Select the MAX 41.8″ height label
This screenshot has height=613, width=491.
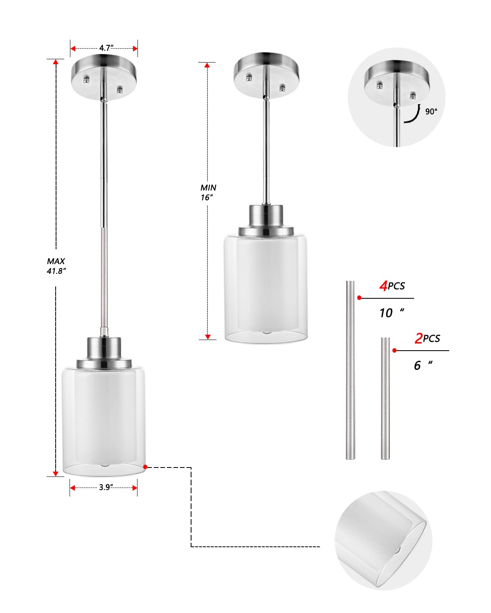56,266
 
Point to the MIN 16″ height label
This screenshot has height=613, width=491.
208,192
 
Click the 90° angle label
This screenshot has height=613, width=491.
431,111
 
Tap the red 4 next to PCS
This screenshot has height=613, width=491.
383,286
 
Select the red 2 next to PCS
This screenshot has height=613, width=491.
419,338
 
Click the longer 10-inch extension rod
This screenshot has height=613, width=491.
351,370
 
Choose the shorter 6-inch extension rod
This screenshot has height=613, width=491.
385,398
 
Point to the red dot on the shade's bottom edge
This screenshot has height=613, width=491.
145,466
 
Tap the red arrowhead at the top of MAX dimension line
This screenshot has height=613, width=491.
56,62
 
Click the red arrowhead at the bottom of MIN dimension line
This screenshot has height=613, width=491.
208,337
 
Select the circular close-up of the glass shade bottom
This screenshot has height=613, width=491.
383,540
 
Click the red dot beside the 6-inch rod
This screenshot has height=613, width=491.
394,350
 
